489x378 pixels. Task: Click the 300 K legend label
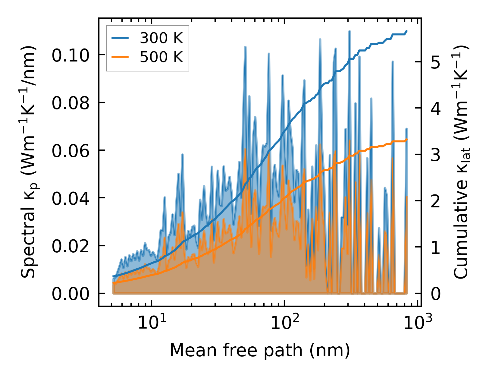tap(161, 38)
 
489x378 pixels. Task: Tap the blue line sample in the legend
tap(121, 38)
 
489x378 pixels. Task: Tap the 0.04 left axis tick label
tap(71, 199)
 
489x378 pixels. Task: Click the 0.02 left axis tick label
tap(71, 246)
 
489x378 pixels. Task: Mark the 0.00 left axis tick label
tap(71, 294)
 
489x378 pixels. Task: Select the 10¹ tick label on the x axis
tap(152, 322)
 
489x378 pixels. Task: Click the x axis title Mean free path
tap(260, 351)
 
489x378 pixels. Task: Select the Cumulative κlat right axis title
tap(461, 162)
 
